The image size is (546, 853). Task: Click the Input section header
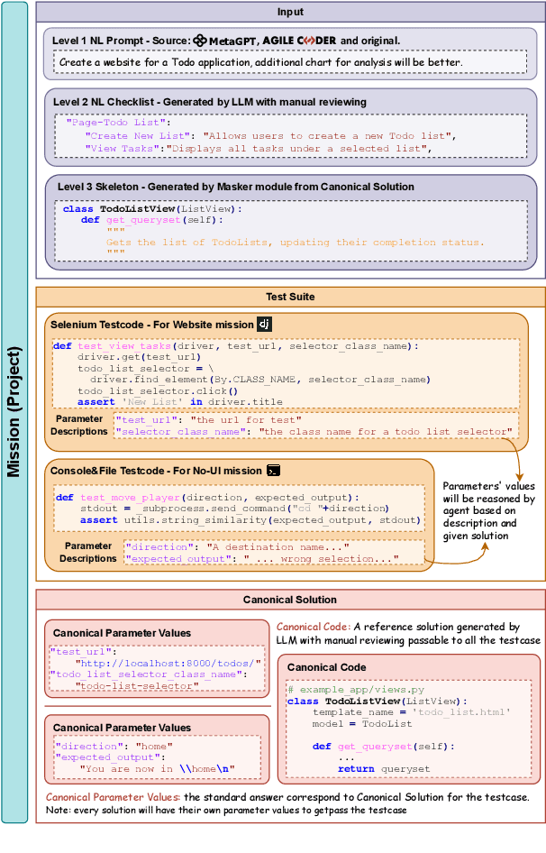[x=290, y=12]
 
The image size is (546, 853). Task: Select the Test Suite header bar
[x=290, y=296]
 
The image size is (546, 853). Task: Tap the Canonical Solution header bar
[x=290, y=599]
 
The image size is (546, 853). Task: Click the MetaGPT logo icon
[x=200, y=41]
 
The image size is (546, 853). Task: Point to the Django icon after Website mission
[x=264, y=323]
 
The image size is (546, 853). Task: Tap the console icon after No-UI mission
[x=274, y=470]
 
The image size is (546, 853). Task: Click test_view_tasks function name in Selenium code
[x=123, y=346]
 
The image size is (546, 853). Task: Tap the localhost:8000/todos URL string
[x=170, y=662]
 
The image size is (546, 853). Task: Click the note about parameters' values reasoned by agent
[x=489, y=510]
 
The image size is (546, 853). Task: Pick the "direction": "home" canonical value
[x=113, y=747]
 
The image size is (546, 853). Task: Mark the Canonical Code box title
[x=327, y=667]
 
